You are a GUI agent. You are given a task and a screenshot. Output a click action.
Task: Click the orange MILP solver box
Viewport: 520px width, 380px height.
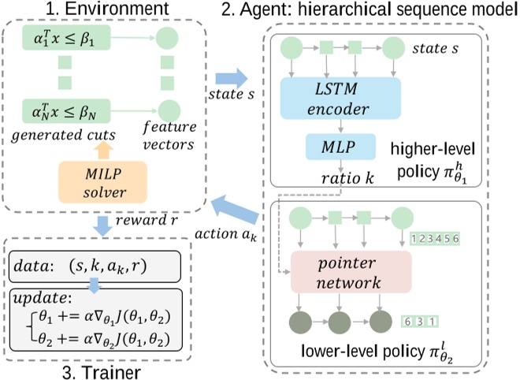coord(102,182)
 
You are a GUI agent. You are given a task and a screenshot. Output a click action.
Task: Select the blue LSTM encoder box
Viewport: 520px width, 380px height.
coord(340,99)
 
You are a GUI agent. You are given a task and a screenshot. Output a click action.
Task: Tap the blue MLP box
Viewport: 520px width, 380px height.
coord(340,147)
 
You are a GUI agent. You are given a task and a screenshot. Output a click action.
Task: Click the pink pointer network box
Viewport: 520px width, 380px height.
coord(351,272)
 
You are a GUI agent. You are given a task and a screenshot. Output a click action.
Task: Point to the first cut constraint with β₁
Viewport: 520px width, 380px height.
coord(66,38)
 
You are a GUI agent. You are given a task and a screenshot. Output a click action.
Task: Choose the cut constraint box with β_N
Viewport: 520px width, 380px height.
coord(66,111)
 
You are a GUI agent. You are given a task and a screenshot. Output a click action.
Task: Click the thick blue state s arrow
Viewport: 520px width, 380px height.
coord(232,79)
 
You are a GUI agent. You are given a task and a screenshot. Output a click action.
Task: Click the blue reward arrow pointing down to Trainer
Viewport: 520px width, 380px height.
coord(102,226)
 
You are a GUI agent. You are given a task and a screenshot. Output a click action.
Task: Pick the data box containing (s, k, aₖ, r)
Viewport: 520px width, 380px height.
coord(95,266)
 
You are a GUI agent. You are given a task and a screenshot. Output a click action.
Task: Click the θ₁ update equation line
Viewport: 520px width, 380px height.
coord(105,317)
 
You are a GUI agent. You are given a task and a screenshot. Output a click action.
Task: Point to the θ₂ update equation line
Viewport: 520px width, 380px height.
coord(105,339)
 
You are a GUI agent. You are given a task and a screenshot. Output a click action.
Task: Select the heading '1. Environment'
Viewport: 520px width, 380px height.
coord(107,9)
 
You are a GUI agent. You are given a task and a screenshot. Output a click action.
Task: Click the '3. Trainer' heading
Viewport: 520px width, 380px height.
coord(102,372)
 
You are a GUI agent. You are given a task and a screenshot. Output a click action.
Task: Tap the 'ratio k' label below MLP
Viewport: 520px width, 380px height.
coord(347,178)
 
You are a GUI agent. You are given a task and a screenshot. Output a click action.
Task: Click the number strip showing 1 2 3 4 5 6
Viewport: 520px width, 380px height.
coord(435,238)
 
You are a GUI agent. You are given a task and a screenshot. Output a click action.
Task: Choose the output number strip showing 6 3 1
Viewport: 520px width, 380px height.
coord(420,321)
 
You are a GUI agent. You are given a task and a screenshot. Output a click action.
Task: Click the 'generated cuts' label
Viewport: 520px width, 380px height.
coord(63,136)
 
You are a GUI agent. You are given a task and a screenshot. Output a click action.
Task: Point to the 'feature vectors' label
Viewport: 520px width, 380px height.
coord(169,136)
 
